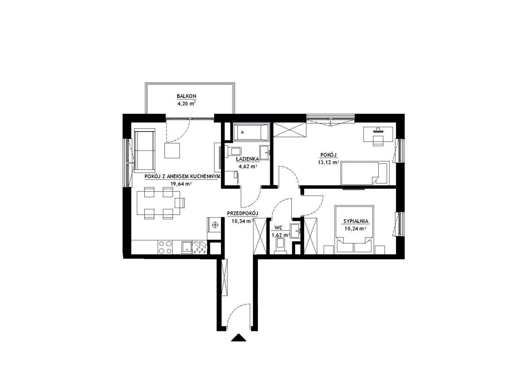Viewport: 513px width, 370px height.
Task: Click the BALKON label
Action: click(186, 96)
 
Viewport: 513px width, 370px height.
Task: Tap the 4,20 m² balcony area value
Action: click(186, 103)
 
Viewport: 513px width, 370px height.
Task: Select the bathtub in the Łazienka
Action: click(251, 132)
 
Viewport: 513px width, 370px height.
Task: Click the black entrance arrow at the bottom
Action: click(238, 337)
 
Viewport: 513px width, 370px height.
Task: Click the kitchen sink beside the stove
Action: click(187, 247)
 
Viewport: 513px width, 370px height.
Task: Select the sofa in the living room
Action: click(145, 150)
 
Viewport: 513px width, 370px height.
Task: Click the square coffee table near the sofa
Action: click(172, 150)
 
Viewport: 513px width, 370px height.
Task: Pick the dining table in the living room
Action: click(158, 203)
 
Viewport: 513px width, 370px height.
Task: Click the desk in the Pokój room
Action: click(379, 134)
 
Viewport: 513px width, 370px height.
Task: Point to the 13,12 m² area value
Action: click(328, 162)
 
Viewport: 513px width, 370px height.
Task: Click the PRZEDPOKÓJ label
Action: click(243, 213)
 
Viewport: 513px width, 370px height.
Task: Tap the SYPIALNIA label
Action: click(356, 221)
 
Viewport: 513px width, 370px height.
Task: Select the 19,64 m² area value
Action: click(181, 184)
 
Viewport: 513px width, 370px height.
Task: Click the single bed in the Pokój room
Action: click(365, 173)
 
